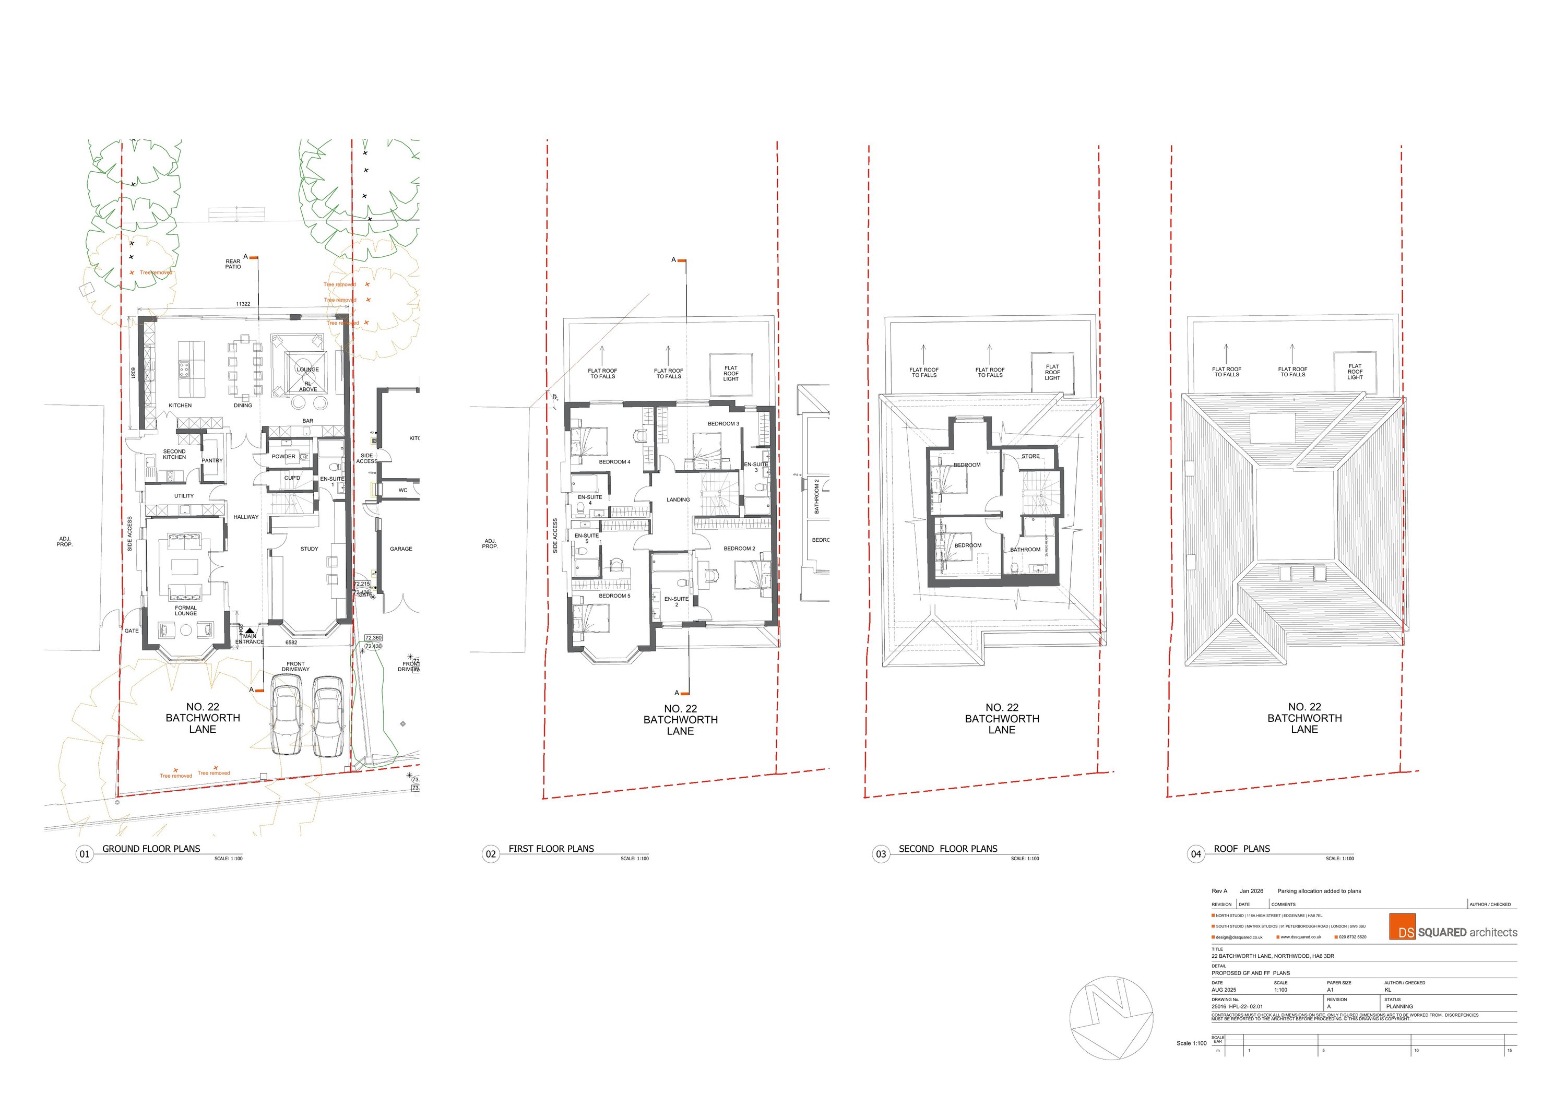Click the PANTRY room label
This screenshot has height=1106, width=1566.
pos(212,460)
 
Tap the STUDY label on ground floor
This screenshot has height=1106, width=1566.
pos(309,548)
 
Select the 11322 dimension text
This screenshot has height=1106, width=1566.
pos(243,304)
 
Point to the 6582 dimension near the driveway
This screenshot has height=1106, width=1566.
pos(291,643)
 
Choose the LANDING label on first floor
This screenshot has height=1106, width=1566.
pos(678,500)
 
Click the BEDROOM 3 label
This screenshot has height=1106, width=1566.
pos(723,423)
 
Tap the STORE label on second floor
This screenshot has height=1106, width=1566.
pos(1030,456)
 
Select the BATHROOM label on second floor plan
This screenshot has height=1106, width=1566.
pos(1025,549)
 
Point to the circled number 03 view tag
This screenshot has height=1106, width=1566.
pos(881,854)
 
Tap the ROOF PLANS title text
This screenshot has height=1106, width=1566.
pos(1241,849)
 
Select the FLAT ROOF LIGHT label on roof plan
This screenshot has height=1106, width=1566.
pos(1355,372)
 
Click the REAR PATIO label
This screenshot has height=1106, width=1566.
pos(233,264)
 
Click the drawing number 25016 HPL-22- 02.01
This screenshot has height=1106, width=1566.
pos(1237,1006)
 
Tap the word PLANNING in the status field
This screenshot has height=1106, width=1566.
pos(1399,1006)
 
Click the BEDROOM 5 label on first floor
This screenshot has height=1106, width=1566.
pos(614,596)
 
